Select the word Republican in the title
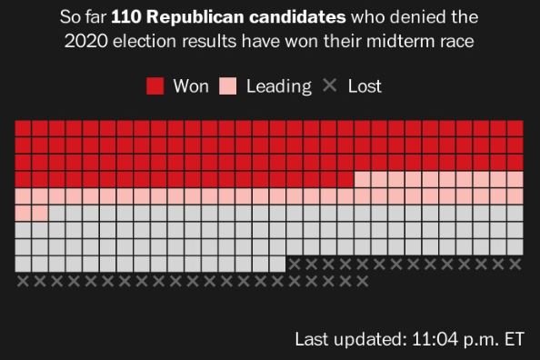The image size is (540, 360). point(190,18)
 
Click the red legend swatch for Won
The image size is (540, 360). point(155,86)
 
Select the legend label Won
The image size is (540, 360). point(191,86)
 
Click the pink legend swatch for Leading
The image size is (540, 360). point(228,86)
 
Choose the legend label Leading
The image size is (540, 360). point(278,86)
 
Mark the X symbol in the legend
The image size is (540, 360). point(330,86)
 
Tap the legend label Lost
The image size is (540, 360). point(365,86)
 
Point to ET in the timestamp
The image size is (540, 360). point(514,340)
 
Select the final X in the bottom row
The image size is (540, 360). point(362,281)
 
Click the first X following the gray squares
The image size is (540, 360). point(295,264)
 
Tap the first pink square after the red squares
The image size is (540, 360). point(362,178)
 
